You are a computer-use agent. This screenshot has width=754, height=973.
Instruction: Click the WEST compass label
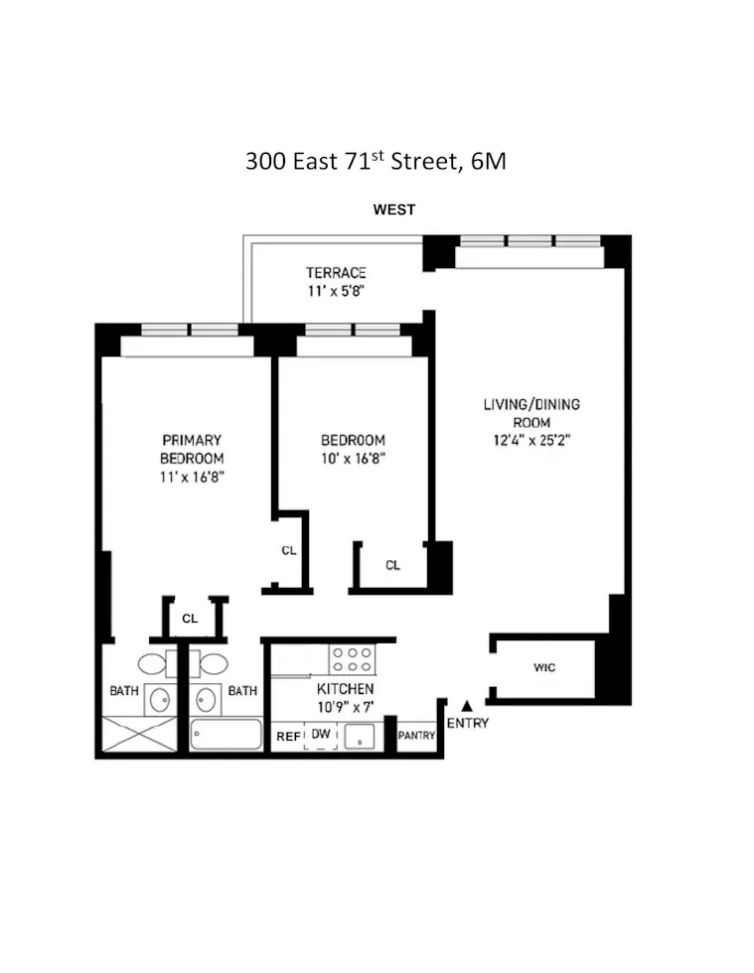393,209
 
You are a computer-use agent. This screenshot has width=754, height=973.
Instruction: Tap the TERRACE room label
336,273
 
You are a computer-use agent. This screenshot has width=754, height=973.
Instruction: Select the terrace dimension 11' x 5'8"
336,292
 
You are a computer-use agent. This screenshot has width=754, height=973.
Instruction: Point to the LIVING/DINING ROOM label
531,413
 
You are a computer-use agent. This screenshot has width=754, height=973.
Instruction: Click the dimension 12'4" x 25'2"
531,440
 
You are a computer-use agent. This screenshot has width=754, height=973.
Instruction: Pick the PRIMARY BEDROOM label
192,449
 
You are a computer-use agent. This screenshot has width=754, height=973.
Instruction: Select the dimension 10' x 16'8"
352,459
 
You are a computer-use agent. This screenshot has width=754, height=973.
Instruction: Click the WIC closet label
544,668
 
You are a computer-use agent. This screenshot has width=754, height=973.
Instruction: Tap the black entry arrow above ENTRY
466,705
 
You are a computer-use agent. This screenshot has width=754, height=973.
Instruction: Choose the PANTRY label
416,736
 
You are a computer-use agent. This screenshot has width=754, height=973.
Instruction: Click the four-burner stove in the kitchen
352,659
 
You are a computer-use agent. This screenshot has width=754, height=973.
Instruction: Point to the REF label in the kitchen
287,736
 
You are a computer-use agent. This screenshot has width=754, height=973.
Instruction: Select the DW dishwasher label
320,734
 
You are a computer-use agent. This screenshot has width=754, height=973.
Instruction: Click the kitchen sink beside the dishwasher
358,736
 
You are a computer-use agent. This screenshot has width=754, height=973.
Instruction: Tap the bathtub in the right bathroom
226,736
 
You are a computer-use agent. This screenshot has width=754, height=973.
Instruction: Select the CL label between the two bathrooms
190,618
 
